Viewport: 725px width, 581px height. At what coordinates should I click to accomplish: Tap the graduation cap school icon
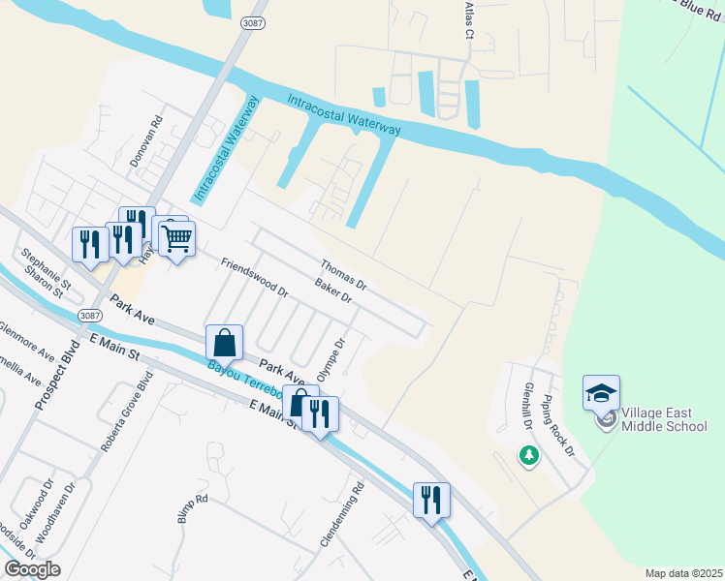[601, 393]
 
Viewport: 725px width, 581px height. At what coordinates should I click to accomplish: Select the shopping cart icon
[176, 238]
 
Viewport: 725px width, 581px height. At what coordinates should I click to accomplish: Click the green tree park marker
[528, 454]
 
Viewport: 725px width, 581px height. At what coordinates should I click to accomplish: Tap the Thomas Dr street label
[343, 274]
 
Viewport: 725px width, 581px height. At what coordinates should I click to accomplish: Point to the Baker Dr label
[332, 290]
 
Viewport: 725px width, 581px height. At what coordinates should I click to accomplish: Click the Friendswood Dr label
[255, 277]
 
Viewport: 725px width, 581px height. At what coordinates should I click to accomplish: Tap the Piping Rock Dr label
[559, 426]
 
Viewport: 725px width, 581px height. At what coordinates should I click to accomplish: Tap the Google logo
[32, 568]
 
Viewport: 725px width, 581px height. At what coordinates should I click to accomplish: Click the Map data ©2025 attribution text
[683, 573]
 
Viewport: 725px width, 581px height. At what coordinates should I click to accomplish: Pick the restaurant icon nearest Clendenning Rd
[430, 501]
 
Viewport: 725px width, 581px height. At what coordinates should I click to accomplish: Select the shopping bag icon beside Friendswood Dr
[224, 342]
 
